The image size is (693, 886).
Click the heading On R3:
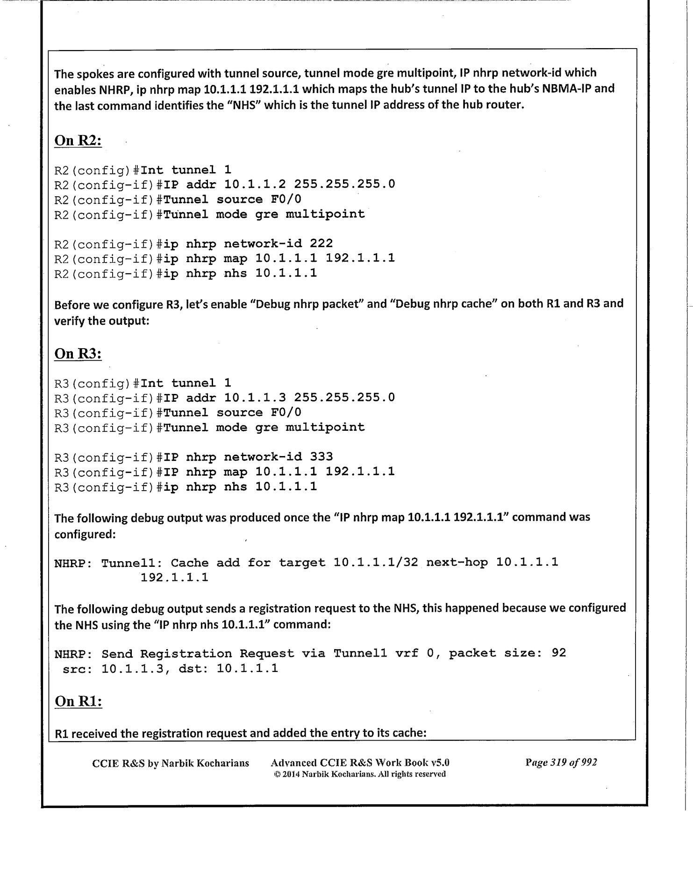(x=78, y=354)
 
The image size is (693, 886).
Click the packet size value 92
(x=559, y=653)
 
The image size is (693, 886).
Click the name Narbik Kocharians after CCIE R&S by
(x=203, y=763)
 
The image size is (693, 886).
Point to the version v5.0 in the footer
(x=440, y=763)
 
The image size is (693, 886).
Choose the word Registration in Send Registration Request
(x=186, y=654)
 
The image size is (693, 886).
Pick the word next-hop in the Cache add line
(x=457, y=562)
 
